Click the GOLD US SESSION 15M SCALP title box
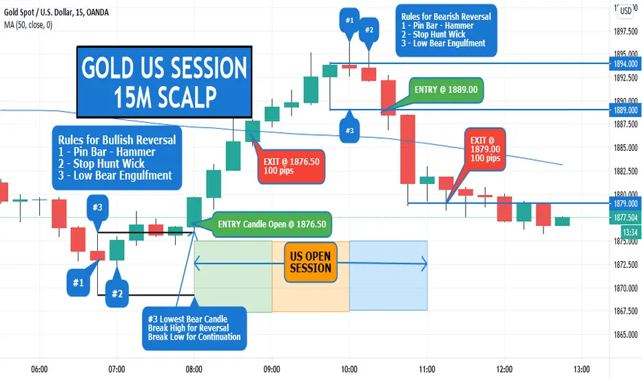[164, 82]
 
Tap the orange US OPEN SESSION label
[311, 263]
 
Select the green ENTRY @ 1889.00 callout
[446, 90]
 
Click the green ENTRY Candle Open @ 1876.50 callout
[272, 224]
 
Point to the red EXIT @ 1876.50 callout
[291, 166]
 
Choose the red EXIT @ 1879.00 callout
[485, 149]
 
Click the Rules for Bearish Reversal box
[446, 30]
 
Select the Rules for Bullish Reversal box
[117, 158]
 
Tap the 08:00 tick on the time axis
[194, 369]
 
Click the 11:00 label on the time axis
[427, 369]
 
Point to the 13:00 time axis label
[582, 369]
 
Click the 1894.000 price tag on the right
[625, 63]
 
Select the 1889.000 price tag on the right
[625, 110]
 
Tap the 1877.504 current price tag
[625, 218]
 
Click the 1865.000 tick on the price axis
[626, 335]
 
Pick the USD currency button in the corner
[626, 10]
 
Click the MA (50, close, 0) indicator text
[28, 25]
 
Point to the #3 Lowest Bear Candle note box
[194, 328]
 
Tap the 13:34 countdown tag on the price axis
[630, 232]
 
